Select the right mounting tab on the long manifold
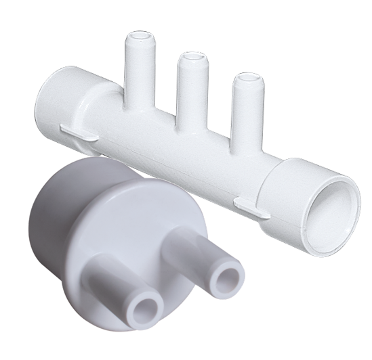click(x=251, y=205)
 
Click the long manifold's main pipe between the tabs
click(x=169, y=149)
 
